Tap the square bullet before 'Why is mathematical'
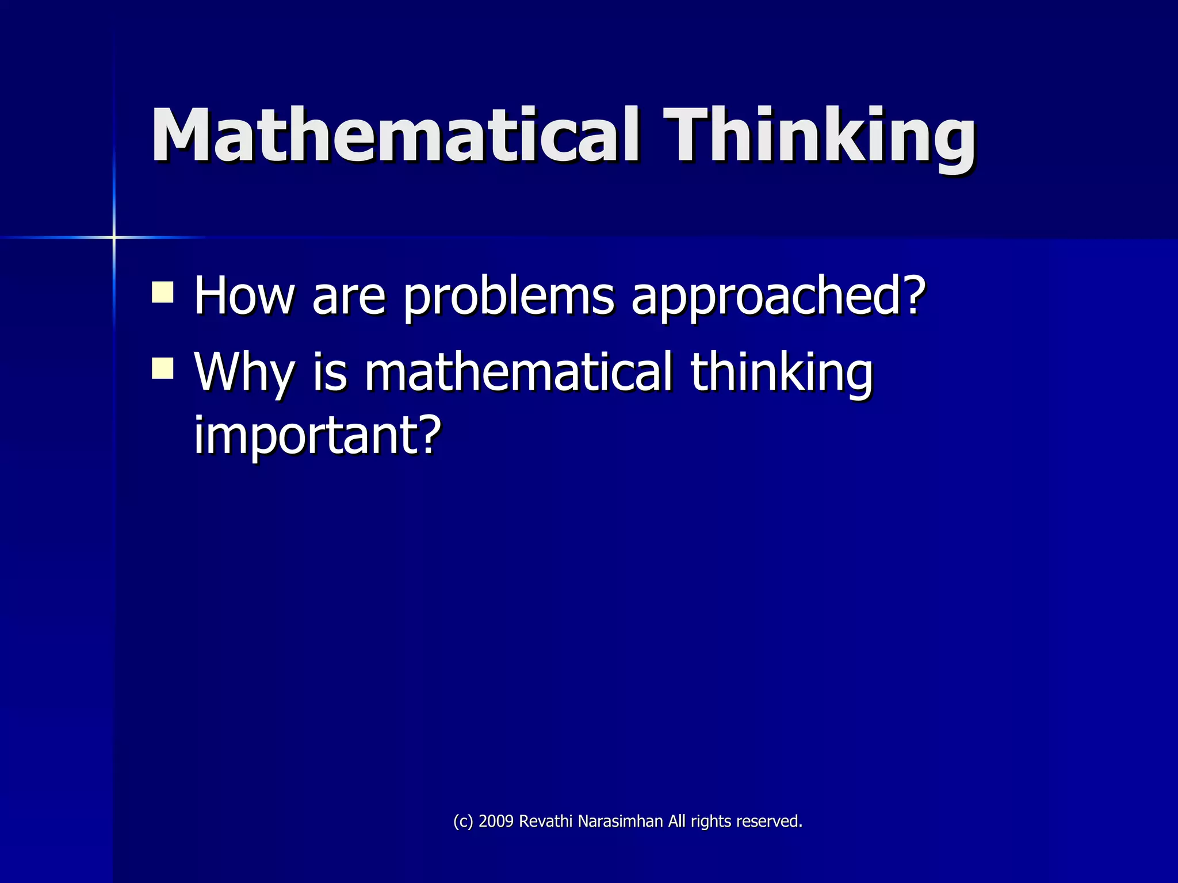163,368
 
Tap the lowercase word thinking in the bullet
781,373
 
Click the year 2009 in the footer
496,821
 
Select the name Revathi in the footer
546,821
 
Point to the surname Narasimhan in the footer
620,821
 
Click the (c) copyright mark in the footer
463,821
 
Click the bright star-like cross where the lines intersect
114,237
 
